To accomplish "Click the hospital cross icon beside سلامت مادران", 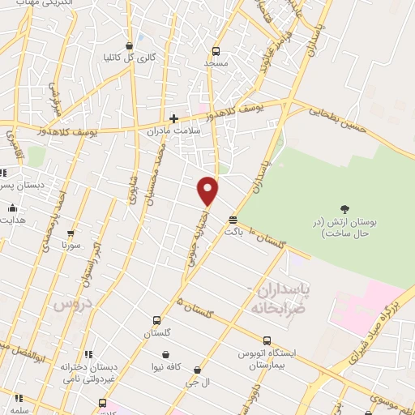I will (174, 118).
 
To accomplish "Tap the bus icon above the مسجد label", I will (215, 49).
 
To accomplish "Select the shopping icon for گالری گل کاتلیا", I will (129, 45).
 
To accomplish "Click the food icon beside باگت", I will (233, 219).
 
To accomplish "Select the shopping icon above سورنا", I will (71, 233).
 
